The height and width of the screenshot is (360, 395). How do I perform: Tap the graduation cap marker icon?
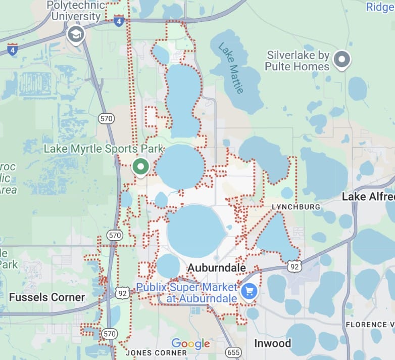[x=76, y=35]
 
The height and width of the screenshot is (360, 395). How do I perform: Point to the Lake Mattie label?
[x=231, y=67]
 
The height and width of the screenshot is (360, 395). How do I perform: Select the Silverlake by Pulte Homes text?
[x=298, y=61]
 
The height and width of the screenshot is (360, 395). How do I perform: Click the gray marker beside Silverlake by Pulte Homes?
[x=342, y=60]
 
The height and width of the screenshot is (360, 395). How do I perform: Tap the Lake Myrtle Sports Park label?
[x=104, y=149]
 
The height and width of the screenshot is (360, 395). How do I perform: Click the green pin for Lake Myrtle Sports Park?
[x=140, y=167]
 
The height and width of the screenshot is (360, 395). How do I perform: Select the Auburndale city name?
[x=217, y=267]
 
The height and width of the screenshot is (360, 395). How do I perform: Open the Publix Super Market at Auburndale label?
[x=187, y=293]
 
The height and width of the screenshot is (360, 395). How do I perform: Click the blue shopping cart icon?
[x=249, y=291]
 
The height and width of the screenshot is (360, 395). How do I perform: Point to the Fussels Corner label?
[x=47, y=297]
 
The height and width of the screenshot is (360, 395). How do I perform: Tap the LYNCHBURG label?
[x=295, y=207]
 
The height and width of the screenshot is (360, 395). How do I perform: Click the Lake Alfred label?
[x=368, y=197]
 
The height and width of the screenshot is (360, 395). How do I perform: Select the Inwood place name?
[x=273, y=344]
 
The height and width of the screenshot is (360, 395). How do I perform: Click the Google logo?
[x=190, y=344]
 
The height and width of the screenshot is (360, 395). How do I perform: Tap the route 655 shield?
[x=234, y=352]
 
